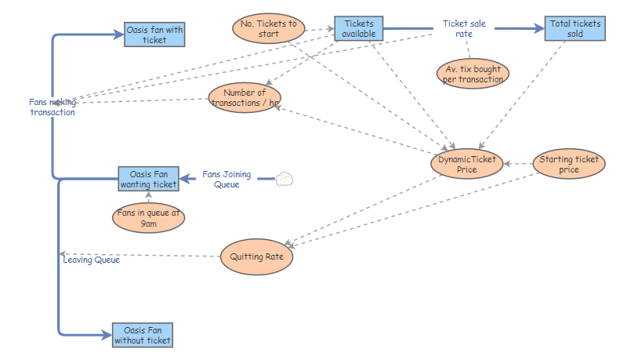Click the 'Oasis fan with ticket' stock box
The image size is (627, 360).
154,35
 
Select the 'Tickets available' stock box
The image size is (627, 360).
358,28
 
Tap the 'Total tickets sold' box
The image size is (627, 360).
575,28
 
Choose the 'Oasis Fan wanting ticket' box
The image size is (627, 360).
148,179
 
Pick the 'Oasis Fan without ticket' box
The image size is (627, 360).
142,335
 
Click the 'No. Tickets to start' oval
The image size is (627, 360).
269,28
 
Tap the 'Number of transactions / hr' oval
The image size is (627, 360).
245,98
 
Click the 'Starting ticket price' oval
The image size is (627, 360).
569,164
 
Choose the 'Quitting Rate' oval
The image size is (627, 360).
256,256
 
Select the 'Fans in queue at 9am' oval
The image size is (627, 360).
148,217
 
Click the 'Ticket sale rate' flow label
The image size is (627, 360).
464,28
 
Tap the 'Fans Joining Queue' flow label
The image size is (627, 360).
227,179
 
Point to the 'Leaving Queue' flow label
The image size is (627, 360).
91,260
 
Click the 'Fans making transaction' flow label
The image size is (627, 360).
53,107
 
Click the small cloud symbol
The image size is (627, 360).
285,179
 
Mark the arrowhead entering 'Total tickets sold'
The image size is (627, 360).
539,28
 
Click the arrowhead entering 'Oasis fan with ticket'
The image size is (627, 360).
118,35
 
